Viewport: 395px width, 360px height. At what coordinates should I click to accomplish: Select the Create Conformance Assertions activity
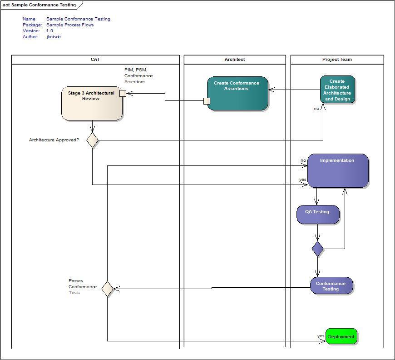237,93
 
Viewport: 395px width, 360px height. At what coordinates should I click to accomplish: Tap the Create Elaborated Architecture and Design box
337,90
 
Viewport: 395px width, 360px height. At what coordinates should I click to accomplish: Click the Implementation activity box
338,171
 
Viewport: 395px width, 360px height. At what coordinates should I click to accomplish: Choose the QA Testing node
318,215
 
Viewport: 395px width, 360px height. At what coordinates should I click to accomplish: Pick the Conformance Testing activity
331,286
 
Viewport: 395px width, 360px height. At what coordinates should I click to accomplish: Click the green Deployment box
341,337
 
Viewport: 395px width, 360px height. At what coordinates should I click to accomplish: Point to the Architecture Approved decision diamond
93,140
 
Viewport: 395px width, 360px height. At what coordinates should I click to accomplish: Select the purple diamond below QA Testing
318,249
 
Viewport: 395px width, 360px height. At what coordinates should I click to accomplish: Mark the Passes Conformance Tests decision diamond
107,289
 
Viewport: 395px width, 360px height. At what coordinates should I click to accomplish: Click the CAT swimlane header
95,60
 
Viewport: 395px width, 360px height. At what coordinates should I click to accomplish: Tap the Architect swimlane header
235,60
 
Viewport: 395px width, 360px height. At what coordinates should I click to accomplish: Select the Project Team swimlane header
337,60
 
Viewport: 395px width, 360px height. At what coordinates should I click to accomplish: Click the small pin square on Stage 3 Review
123,93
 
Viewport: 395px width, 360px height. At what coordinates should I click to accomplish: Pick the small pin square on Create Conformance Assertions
207,101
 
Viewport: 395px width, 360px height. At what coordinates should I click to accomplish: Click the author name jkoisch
54,37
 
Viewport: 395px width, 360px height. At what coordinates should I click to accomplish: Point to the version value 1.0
49,31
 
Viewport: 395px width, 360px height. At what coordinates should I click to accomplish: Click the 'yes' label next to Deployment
321,336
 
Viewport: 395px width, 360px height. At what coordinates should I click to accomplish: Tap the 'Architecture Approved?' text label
54,140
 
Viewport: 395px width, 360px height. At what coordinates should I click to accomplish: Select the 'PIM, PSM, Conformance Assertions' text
138,76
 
